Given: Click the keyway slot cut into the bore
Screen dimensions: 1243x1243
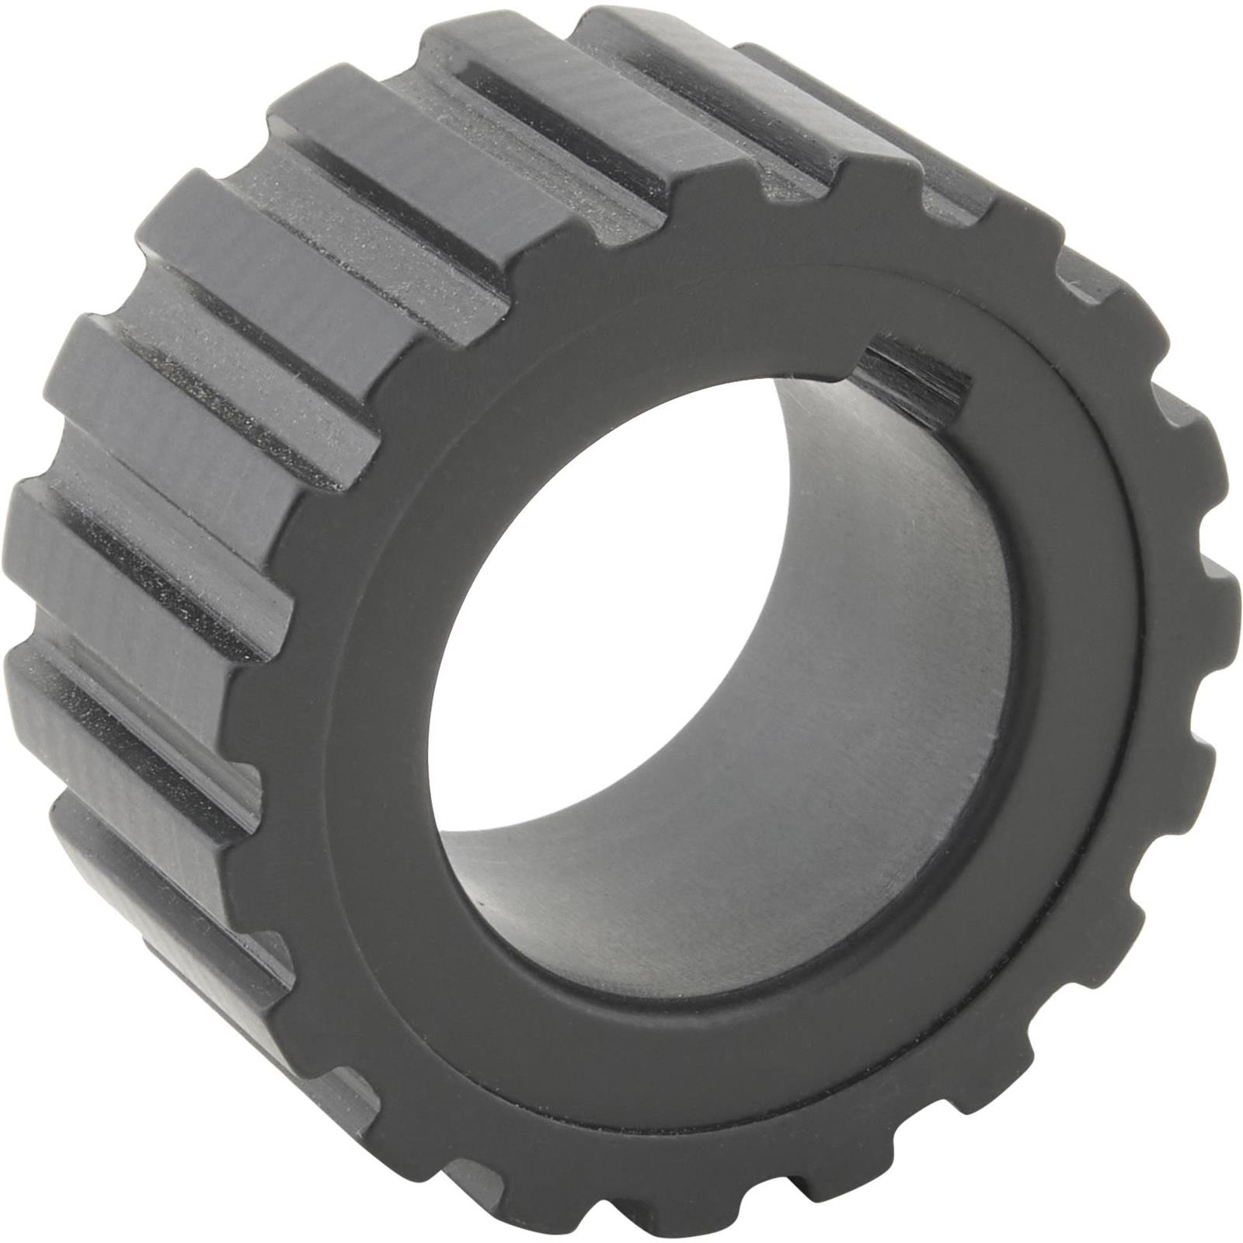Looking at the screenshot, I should click(917, 373).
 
